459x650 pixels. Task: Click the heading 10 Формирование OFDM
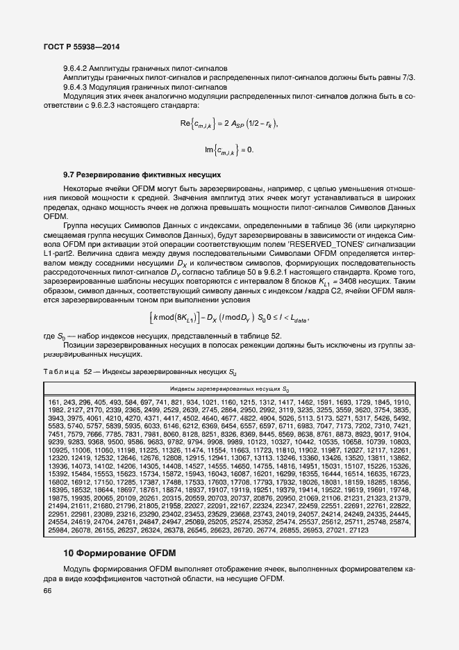(120, 553)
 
